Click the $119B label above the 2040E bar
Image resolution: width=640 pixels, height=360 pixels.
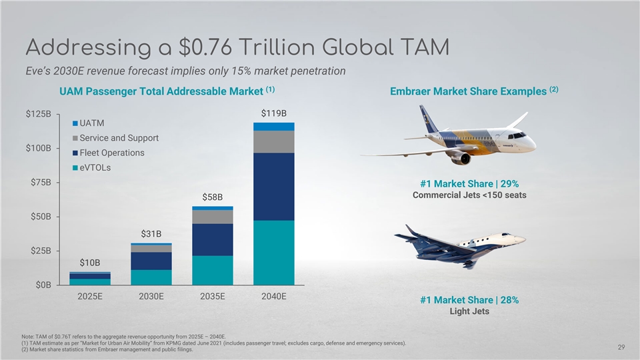click(274, 114)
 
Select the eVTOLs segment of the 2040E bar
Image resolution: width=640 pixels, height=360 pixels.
click(274, 252)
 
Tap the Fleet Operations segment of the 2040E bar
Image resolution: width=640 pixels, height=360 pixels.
click(274, 187)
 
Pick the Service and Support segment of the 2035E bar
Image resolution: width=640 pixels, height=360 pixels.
click(213, 217)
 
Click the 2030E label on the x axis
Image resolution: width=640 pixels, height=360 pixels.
click(151, 297)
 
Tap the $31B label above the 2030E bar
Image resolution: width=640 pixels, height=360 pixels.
click(151, 234)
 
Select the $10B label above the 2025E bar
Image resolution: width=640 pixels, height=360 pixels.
click(90, 263)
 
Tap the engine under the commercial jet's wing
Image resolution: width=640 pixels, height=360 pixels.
click(461, 158)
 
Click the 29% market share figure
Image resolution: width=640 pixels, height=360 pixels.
click(507, 184)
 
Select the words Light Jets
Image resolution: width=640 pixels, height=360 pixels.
click(469, 311)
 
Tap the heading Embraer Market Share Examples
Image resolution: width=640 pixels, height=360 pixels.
click(475, 91)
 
